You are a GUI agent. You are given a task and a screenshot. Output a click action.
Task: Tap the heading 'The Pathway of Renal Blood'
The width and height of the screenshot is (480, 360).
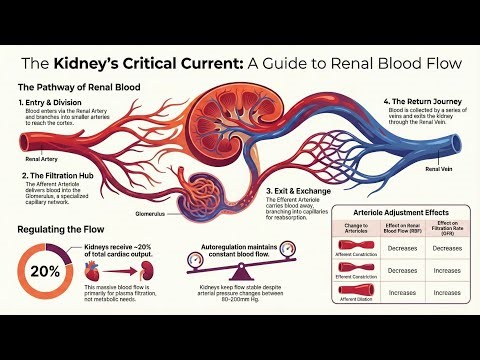click(86, 87)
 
